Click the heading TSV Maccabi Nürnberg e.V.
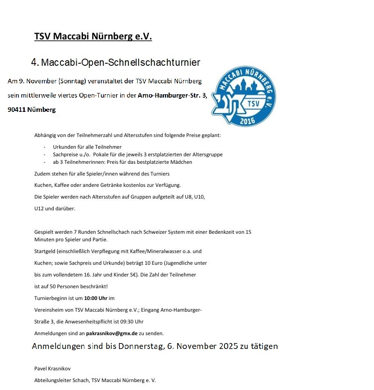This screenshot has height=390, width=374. click(93, 37)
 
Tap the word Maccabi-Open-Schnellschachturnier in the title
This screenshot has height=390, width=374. click(121, 63)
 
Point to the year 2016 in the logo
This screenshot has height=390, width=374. click(248, 120)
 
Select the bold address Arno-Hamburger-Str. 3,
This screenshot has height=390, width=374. click(172, 96)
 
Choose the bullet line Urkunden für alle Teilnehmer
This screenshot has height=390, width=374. click(87, 147)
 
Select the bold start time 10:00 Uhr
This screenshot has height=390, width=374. click(95, 298)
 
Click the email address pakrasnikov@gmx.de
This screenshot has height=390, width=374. click(112, 333)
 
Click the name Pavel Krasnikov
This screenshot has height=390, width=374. click(53, 369)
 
